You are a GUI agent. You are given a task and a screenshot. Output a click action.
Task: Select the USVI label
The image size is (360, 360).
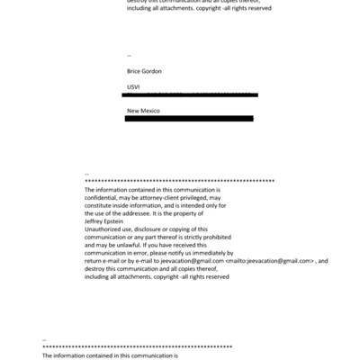133,86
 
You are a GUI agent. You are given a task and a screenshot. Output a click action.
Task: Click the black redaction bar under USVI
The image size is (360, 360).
193,94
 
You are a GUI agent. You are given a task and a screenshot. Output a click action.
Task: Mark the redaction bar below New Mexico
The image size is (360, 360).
189,118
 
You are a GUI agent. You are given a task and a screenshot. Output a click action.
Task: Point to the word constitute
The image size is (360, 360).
102,206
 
